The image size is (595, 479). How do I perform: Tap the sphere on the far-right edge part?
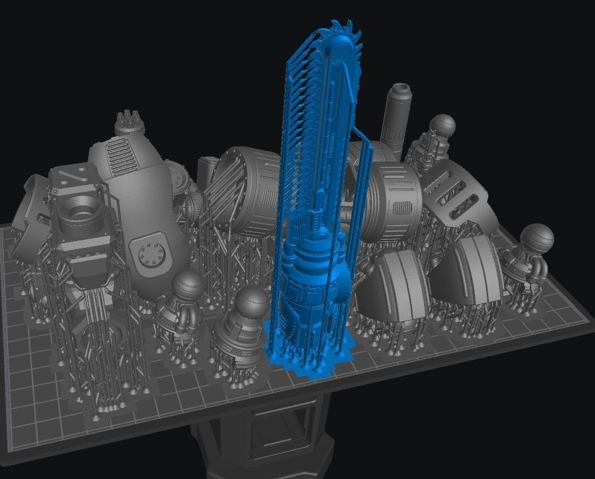pos(537,238)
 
